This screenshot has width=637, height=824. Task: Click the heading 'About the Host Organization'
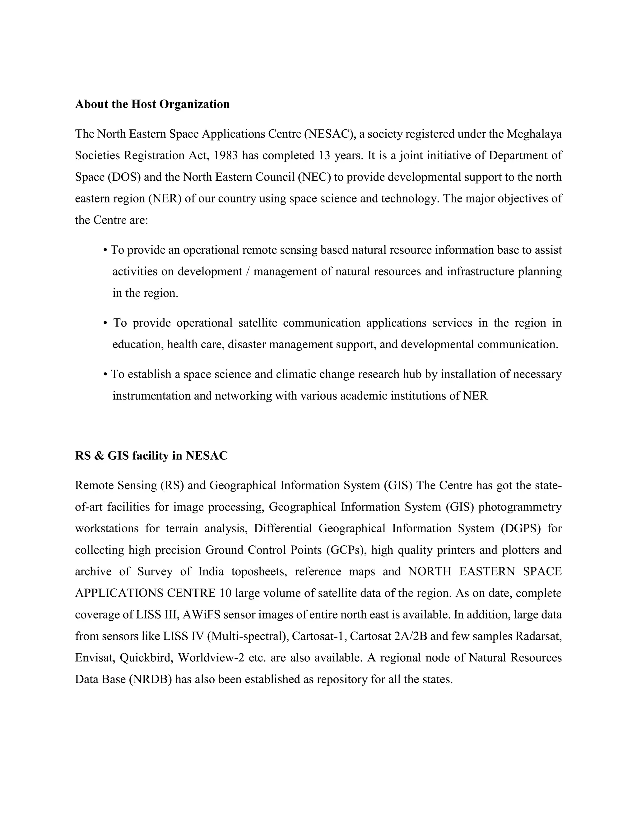[x=152, y=104]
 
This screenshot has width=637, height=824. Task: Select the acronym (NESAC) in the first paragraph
[x=329, y=134]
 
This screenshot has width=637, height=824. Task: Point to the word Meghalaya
[x=534, y=134]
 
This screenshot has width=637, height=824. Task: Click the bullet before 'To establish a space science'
[x=105, y=375]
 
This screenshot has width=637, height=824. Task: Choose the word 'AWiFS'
[x=199, y=615]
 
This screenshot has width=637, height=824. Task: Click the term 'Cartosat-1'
[x=319, y=636]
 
